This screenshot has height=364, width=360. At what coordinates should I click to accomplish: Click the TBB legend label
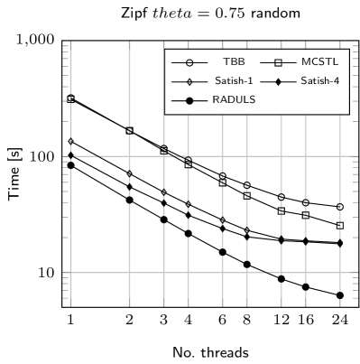coord(234,61)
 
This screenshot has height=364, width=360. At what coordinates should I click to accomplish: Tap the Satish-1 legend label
coord(234,80)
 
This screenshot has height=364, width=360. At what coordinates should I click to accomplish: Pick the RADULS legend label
coord(234,99)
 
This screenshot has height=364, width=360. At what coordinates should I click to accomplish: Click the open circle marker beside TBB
coord(189,62)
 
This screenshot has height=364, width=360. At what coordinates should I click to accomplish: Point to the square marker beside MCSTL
coord(278,62)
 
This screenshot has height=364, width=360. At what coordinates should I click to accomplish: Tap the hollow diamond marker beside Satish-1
coord(189,81)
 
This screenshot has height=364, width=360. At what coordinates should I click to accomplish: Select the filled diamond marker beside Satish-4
coord(278,81)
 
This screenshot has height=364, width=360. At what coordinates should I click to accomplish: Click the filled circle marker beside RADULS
coord(189,100)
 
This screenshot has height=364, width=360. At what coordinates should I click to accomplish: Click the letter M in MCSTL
coord(305,61)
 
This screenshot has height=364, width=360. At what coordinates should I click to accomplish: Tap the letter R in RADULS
coord(216,99)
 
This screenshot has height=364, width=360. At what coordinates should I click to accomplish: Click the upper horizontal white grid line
coord(117,156)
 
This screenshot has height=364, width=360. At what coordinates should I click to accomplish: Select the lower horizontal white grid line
coord(180,272)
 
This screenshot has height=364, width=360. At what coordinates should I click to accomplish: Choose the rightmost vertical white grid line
coord(340,226)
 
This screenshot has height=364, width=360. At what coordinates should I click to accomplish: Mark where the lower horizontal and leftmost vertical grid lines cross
coord(70,272)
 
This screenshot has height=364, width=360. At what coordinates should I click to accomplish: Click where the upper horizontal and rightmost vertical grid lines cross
coord(340,156)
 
